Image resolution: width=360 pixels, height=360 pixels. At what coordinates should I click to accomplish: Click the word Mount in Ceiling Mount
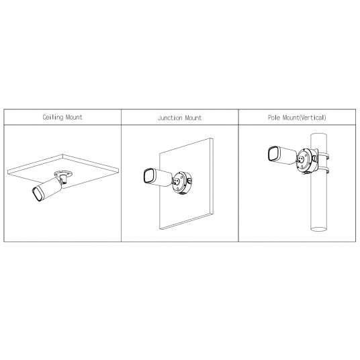[74, 118]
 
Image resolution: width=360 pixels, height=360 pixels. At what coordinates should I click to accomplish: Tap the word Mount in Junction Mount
[193, 118]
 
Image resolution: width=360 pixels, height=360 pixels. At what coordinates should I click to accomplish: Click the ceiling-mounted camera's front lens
[37, 194]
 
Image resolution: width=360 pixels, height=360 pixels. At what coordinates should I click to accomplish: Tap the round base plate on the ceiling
[63, 173]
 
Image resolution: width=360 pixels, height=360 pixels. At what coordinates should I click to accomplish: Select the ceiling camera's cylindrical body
[49, 189]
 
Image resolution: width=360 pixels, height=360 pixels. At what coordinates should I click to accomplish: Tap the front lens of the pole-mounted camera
[273, 154]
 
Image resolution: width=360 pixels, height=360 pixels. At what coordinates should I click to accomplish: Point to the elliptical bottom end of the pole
[318, 229]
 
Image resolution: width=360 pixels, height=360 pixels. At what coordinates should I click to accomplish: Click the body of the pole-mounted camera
[287, 156]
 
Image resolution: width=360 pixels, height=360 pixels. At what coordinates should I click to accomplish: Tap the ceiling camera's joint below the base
[62, 179]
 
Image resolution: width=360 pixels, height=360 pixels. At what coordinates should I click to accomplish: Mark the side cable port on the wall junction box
[189, 181]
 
